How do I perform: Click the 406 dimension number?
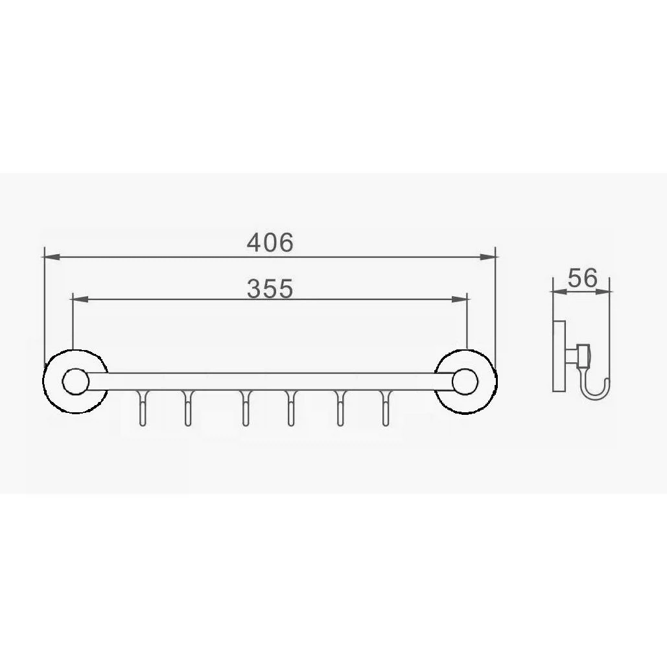[270, 242]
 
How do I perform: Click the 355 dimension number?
[270, 288]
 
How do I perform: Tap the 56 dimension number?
[583, 278]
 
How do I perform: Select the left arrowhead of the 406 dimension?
[52, 257]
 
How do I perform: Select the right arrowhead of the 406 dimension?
[488, 257]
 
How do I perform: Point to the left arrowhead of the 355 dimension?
[80, 299]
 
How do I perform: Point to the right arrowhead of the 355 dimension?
[460, 299]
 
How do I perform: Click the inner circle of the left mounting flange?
[76, 381]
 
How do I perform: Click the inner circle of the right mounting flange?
[465, 381]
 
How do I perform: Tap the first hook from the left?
[143, 408]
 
